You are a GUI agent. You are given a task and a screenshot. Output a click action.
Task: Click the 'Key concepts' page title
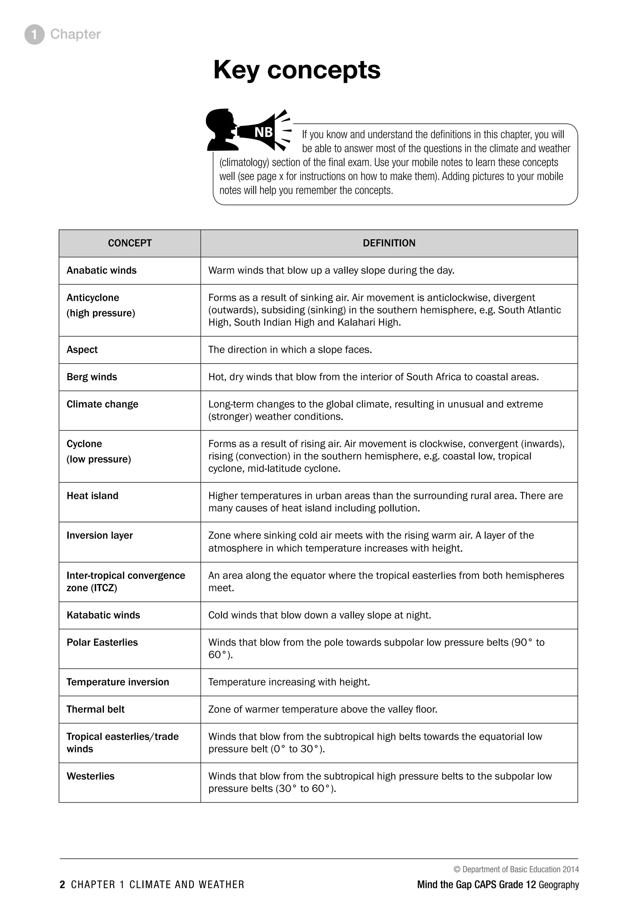point(297,70)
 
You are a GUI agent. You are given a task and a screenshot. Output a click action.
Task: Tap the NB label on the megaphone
point(264,132)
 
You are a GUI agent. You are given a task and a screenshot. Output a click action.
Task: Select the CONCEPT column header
point(129,243)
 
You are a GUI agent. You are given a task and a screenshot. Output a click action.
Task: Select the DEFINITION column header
point(389,243)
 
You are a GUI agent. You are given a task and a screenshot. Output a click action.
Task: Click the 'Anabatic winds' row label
point(101,271)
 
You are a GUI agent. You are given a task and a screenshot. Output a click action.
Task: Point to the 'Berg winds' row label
point(92,377)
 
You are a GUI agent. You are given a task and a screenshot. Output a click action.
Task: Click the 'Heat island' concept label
point(92,495)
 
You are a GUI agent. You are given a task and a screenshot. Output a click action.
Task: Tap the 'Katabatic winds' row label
point(103,615)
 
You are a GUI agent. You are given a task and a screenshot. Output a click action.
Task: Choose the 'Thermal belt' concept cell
point(95,709)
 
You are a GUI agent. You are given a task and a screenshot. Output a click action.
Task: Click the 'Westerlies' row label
point(90,776)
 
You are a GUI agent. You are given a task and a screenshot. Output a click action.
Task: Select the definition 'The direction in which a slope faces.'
point(290,350)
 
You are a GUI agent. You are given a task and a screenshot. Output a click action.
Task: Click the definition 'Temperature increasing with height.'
point(289,682)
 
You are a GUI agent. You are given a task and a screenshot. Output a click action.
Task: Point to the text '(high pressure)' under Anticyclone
point(101,313)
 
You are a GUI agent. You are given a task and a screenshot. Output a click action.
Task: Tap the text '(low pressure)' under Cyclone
point(99,459)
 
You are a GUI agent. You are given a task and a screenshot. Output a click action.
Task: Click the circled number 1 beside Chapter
point(34,35)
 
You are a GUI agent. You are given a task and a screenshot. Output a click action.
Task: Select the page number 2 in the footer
point(62,885)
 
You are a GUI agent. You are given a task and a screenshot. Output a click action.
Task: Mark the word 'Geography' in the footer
point(559,885)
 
